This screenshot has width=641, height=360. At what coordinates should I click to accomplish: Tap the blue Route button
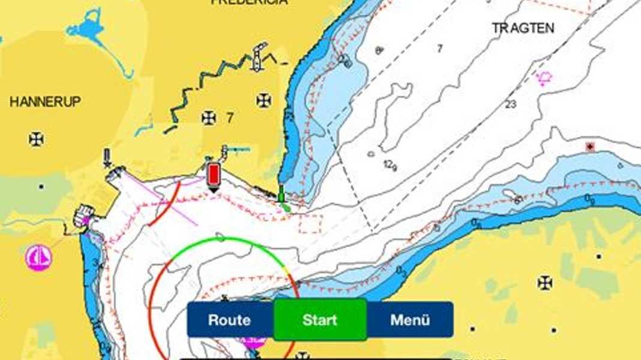[229, 320]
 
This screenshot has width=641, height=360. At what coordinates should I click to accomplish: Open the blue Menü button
[410, 320]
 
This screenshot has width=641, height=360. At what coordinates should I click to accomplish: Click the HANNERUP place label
[45, 102]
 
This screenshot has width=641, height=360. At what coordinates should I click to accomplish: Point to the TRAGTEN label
[523, 28]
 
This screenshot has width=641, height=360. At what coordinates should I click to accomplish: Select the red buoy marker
[213, 175]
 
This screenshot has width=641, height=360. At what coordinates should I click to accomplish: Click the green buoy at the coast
[281, 194]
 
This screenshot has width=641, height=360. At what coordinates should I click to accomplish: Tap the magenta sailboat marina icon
[38, 258]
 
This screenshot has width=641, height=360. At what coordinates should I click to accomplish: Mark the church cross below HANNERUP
[36, 139]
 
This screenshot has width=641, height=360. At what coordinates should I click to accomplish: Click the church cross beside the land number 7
[208, 118]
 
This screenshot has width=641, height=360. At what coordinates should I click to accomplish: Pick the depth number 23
[511, 104]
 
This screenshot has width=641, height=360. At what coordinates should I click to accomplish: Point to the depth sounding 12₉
[391, 166]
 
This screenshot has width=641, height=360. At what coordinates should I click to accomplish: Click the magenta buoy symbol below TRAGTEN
[544, 78]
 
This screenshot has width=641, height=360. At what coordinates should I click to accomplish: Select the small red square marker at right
[591, 146]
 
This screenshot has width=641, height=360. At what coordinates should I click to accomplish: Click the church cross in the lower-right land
[545, 281]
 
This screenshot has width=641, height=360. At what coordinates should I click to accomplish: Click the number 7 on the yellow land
[229, 118]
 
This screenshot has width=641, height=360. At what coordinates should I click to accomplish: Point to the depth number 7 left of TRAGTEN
[439, 49]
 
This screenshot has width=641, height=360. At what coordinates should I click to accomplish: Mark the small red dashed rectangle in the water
[310, 223]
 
